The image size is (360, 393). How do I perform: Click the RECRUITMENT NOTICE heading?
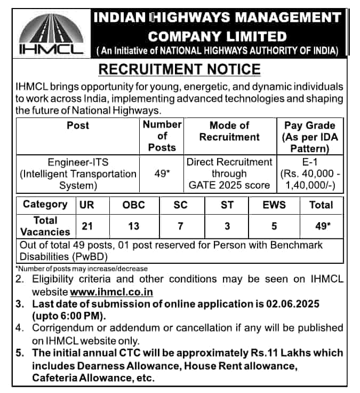coord(180,69)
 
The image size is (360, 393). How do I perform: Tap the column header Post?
coord(78,125)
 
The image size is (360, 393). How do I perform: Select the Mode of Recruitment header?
coord(229,131)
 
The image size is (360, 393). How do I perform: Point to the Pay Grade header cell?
coord(310,137)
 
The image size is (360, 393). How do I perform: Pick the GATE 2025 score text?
coord(229,185)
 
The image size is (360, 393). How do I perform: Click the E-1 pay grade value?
coord(310,162)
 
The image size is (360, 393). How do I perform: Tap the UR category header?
coord(86,205)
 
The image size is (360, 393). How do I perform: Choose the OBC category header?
coord(133,205)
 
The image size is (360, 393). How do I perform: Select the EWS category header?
coord(274,205)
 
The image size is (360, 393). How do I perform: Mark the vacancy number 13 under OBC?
coord(133,226)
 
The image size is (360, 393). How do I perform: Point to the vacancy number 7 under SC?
coord(181,226)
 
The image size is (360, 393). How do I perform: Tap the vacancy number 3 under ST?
coord(228,226)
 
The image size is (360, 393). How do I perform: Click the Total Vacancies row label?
coord(45,226)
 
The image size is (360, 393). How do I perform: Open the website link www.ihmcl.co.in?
coord(111,292)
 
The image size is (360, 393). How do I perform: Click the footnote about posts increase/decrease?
coord(82,269)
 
